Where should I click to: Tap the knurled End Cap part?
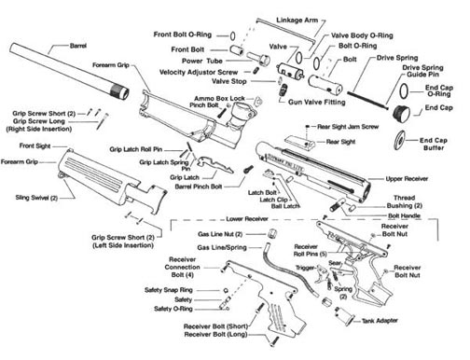click(x=401, y=113)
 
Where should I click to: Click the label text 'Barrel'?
click(x=78, y=46)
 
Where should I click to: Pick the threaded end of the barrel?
click(x=120, y=91)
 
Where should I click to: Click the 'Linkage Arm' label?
click(x=297, y=21)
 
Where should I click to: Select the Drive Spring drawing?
click(x=367, y=100)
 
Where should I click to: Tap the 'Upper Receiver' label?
click(x=407, y=179)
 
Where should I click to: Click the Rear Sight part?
click(x=300, y=142)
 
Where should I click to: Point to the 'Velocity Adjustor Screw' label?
click(x=199, y=73)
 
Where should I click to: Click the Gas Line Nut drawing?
click(x=272, y=234)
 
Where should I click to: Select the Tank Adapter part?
click(x=345, y=316)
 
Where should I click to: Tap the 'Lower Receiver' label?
click(x=247, y=219)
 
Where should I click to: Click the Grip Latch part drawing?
click(x=214, y=165)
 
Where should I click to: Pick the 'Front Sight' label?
click(x=35, y=145)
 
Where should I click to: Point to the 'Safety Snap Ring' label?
click(x=169, y=290)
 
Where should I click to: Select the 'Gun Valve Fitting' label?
click(x=317, y=102)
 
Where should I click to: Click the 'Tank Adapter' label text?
click(x=380, y=321)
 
